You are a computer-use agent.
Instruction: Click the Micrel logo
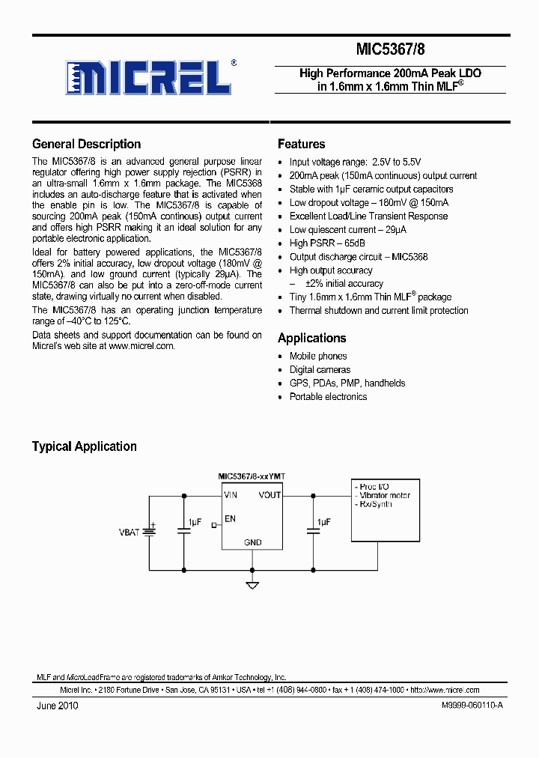tap(150, 76)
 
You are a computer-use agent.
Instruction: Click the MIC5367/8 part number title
tap(391, 49)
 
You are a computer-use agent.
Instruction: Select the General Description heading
tap(86, 145)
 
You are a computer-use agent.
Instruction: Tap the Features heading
tap(301, 145)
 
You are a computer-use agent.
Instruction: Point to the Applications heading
tap(311, 338)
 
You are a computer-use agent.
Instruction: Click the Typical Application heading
tap(84, 446)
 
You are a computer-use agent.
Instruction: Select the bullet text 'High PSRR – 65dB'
tap(327, 243)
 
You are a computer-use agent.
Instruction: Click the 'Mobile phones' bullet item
tap(318, 357)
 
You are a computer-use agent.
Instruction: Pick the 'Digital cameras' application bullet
tap(320, 370)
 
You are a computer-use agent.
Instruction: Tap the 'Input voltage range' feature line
tap(355, 163)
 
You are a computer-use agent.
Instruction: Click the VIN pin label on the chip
tap(230, 495)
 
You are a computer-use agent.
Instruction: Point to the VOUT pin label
tap(269, 495)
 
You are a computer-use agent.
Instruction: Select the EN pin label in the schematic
tap(230, 518)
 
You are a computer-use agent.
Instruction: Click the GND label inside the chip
tap(252, 542)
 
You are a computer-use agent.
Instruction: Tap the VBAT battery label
tap(129, 532)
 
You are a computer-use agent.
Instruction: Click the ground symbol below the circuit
tap(252, 584)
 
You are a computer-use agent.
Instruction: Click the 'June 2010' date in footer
tap(56, 706)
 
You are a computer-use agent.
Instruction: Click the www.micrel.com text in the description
tap(141, 346)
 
